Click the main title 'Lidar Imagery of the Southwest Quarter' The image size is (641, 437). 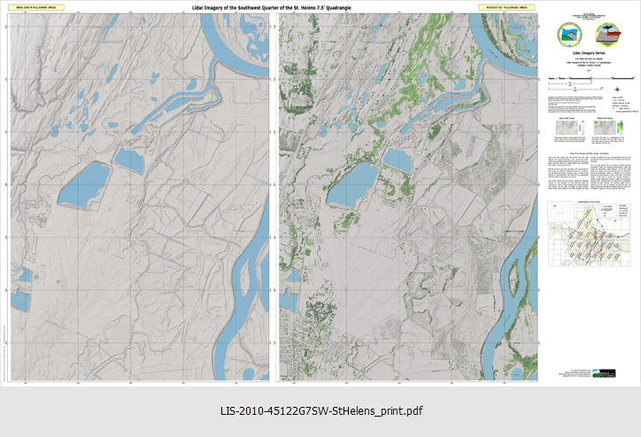point(276,7)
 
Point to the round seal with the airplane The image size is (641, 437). point(610,35)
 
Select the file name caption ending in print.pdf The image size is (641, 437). point(320,411)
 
